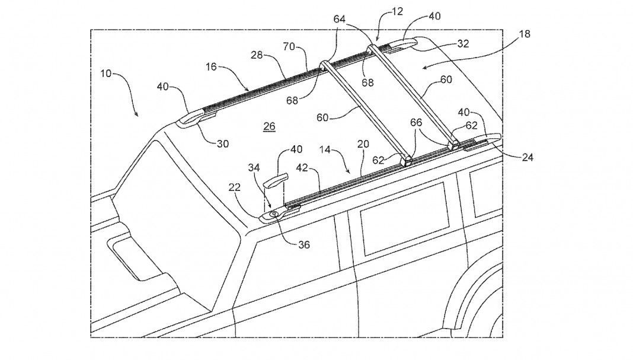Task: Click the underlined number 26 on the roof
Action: click(x=269, y=126)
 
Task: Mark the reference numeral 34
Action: click(x=253, y=168)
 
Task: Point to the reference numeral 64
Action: click(x=339, y=20)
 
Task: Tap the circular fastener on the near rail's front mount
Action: click(x=274, y=214)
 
